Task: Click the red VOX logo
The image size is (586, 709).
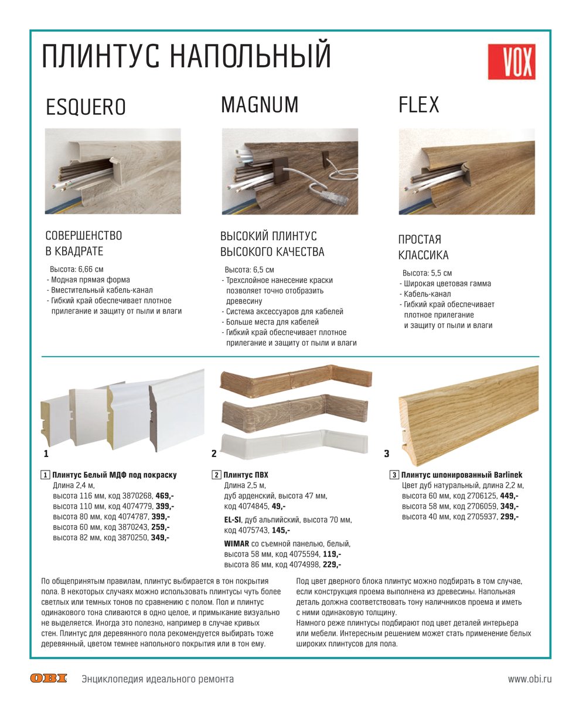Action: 511,62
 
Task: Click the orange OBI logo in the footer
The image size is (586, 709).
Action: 49,679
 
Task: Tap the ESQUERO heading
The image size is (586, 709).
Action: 86,107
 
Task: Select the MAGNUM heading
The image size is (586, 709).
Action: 260,105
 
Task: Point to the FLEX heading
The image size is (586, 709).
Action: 418,105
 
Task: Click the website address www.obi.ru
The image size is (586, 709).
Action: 530,679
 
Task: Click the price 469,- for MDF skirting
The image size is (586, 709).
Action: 165,495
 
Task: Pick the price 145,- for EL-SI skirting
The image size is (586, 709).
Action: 281,530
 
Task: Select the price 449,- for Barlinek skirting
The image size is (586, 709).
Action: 509,495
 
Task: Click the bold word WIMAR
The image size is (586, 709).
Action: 237,543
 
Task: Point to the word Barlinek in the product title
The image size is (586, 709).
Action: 502,475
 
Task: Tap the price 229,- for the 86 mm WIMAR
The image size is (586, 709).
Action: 332,564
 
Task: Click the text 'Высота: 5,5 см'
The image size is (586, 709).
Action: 427,273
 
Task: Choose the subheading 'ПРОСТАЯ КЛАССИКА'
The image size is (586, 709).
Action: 424,247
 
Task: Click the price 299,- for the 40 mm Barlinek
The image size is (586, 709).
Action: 509,516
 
